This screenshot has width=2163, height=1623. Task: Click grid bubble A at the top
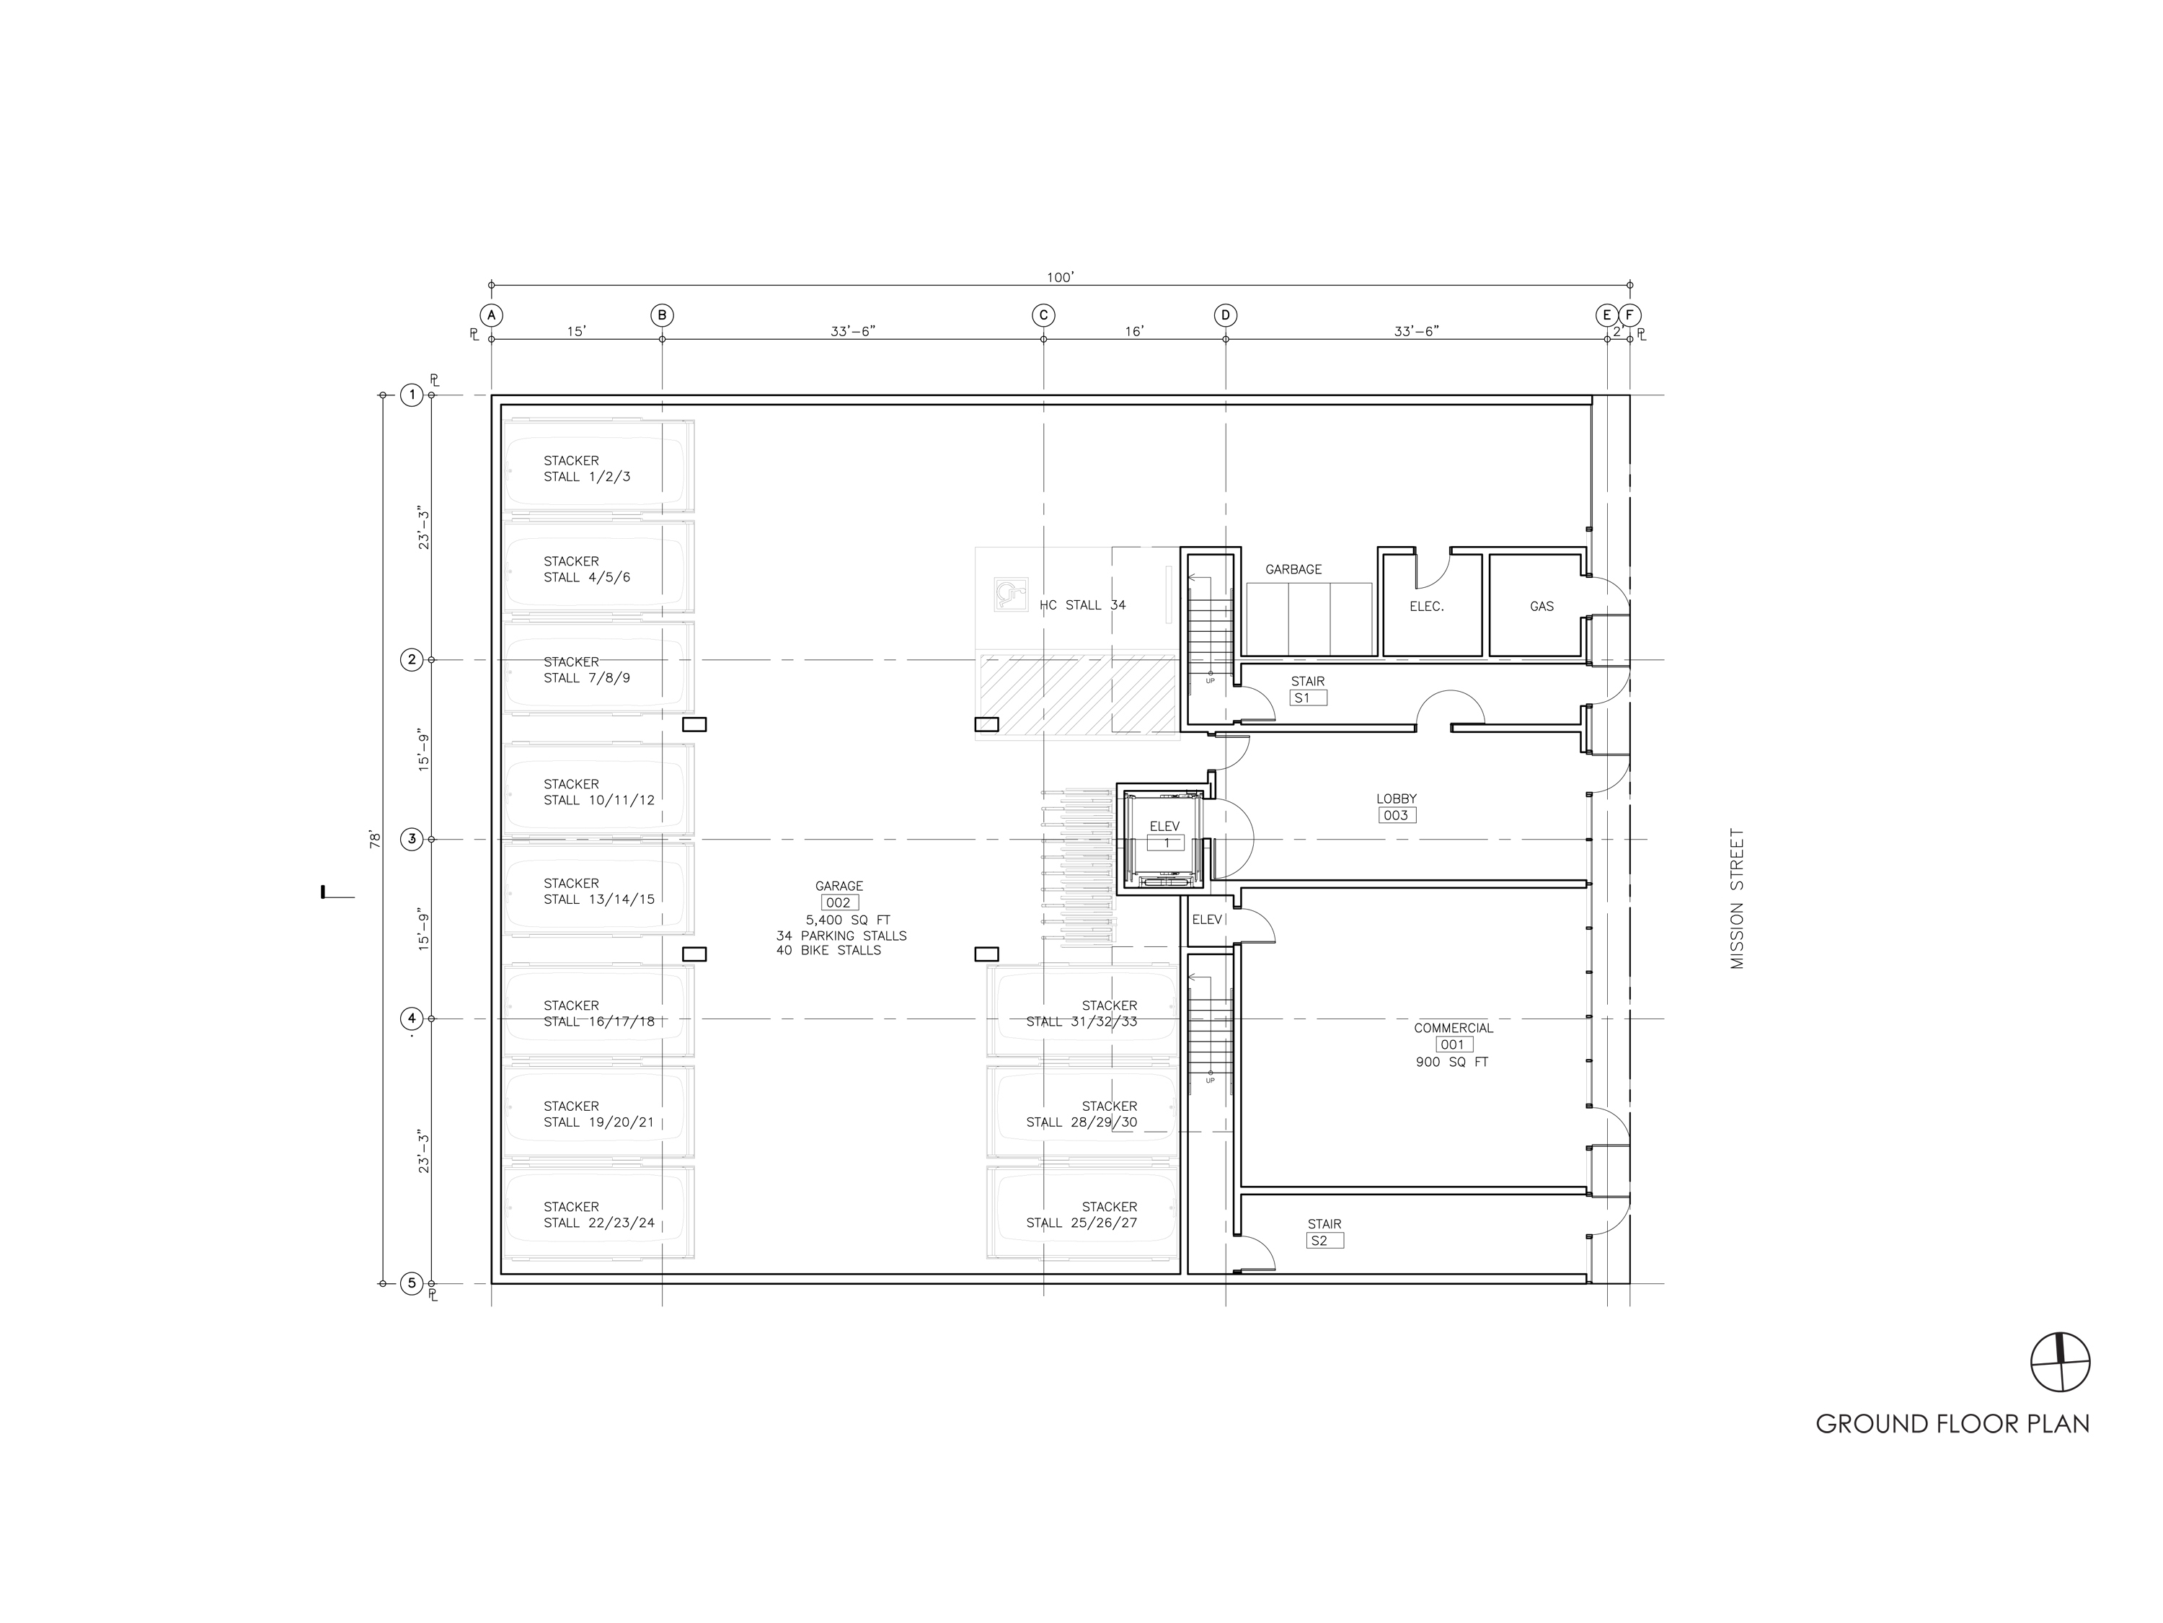pyautogui.click(x=491, y=315)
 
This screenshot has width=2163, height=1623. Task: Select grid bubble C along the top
pyautogui.click(x=1043, y=315)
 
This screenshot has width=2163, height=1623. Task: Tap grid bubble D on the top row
pyautogui.click(x=1225, y=315)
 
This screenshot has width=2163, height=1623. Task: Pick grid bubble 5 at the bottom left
pyautogui.click(x=412, y=1283)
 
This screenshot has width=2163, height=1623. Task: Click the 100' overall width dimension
pyautogui.click(x=1060, y=278)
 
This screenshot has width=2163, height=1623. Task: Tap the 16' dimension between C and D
pyautogui.click(x=1133, y=332)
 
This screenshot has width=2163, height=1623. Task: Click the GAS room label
pyautogui.click(x=1542, y=607)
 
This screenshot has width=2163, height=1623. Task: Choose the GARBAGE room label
pyautogui.click(x=1293, y=569)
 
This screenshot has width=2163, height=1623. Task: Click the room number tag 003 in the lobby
pyautogui.click(x=1397, y=816)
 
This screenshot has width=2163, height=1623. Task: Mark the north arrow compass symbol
pyautogui.click(x=2061, y=1363)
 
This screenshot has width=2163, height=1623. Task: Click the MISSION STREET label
pyautogui.click(x=1737, y=898)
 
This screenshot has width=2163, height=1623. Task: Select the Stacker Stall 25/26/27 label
pyautogui.click(x=1081, y=1215)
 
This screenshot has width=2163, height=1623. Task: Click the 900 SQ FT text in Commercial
pyautogui.click(x=1452, y=1063)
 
